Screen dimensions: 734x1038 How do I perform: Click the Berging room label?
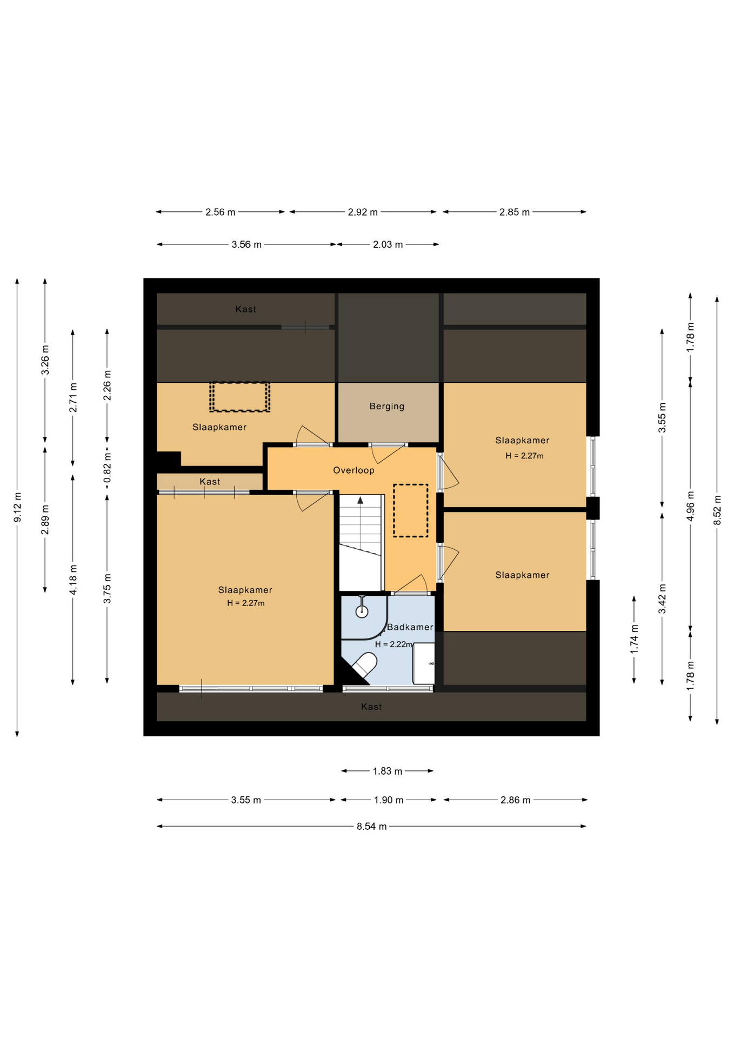pos(386,406)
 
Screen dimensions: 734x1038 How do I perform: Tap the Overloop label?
pos(353,470)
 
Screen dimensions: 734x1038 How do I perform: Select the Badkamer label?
pos(410,627)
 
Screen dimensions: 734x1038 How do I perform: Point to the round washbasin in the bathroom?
pos(362,611)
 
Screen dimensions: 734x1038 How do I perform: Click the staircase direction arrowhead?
pos(361,500)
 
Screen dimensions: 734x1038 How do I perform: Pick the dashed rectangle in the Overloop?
pos(410,510)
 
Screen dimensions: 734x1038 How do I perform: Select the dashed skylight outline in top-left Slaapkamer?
pos(239,397)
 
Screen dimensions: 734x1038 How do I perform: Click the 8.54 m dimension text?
pos(371,827)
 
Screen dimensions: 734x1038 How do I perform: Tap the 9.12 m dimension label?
pos(17,508)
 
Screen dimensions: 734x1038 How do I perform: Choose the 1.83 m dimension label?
pos(387,771)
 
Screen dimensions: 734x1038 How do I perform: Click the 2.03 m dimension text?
pos(388,244)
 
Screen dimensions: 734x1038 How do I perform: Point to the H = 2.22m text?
pos(393,644)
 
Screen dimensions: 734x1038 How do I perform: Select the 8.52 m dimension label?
pos(717,510)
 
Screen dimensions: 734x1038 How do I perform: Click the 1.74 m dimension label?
pos(635,639)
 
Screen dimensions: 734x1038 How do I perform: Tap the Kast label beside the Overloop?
pos(210,482)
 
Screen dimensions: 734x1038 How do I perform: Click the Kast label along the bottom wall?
pos(371,707)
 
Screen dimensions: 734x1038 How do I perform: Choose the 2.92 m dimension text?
pos(363,212)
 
